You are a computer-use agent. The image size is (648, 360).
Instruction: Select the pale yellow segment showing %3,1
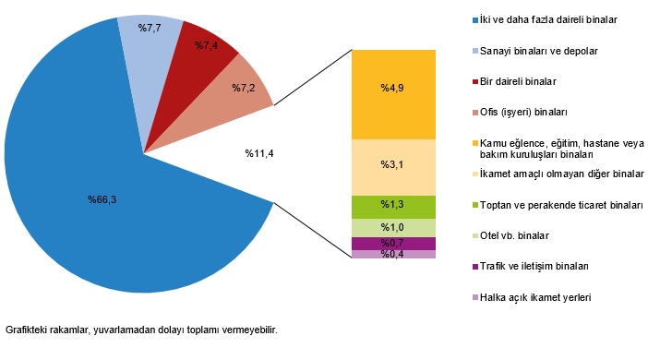[393, 164]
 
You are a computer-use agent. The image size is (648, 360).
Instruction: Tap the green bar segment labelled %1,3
[393, 203]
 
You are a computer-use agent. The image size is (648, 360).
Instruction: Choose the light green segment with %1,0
[393, 227]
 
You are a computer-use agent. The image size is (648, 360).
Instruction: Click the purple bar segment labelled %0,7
[393, 243]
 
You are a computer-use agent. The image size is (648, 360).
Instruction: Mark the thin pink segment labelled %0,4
[393, 255]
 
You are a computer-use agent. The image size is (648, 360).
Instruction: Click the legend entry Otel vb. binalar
[517, 234]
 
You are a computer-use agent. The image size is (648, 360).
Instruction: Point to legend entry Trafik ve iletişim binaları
[535, 266]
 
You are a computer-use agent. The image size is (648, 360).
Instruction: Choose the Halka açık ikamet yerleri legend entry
[535, 297]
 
